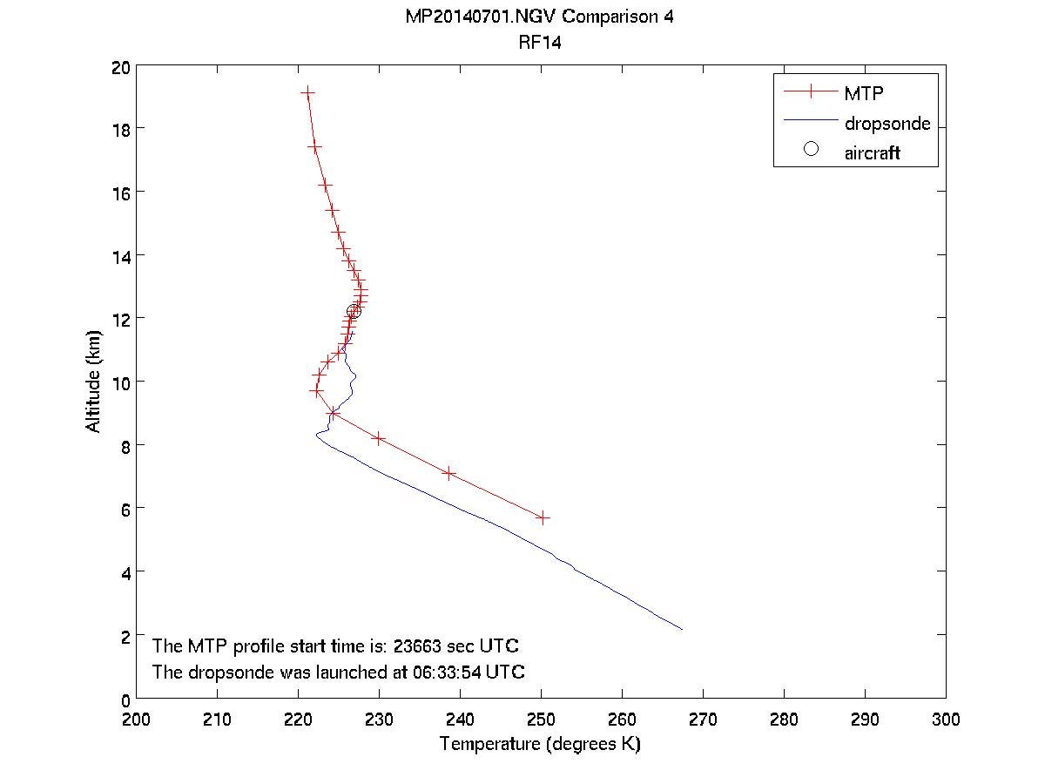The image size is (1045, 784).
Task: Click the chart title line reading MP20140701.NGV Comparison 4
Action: [539, 17]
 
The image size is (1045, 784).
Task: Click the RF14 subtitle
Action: [539, 41]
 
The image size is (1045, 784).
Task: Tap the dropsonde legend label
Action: [887, 124]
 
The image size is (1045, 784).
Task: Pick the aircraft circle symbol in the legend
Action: [811, 149]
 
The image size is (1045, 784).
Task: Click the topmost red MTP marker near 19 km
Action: [307, 92]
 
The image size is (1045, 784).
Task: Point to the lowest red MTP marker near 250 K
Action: [543, 517]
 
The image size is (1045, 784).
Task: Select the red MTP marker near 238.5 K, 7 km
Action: [448, 473]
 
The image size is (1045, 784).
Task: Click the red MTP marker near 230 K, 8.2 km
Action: [378, 438]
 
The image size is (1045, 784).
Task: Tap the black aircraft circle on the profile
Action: [354, 312]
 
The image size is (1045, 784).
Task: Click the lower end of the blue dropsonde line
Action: [681, 629]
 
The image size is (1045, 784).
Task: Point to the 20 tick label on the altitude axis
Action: [121, 66]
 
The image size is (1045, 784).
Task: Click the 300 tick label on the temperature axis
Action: [945, 720]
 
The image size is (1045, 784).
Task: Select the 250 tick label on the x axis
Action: [541, 720]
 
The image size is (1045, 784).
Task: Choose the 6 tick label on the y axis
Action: [126, 509]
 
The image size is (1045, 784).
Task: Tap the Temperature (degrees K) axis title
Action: [540, 744]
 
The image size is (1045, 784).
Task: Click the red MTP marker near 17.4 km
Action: [315, 148]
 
